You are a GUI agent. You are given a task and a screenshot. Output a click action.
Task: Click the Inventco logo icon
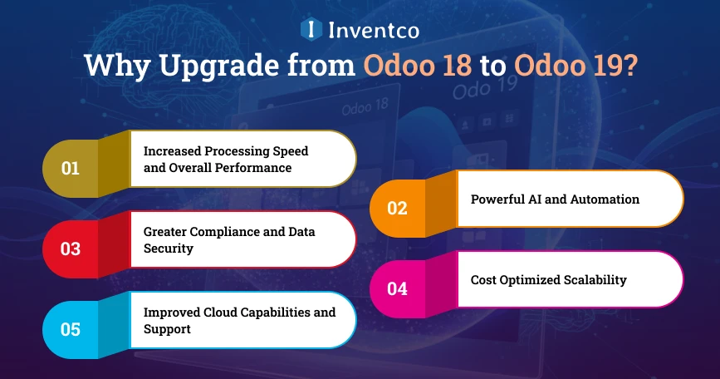pos(311,30)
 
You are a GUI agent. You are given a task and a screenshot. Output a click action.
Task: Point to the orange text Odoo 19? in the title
pos(574,66)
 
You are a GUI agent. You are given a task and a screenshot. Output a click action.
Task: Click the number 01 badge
pos(71,168)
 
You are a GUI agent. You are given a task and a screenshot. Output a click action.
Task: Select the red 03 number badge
pos(71,248)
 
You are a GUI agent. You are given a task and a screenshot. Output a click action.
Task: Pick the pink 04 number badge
pos(397,288)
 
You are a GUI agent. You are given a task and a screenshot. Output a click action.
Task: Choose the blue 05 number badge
pos(71,329)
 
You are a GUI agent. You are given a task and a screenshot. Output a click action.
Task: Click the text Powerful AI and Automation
pos(555,199)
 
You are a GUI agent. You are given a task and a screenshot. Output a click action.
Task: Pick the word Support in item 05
pos(167,328)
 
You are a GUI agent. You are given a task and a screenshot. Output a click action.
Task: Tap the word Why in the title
pos(110,66)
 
